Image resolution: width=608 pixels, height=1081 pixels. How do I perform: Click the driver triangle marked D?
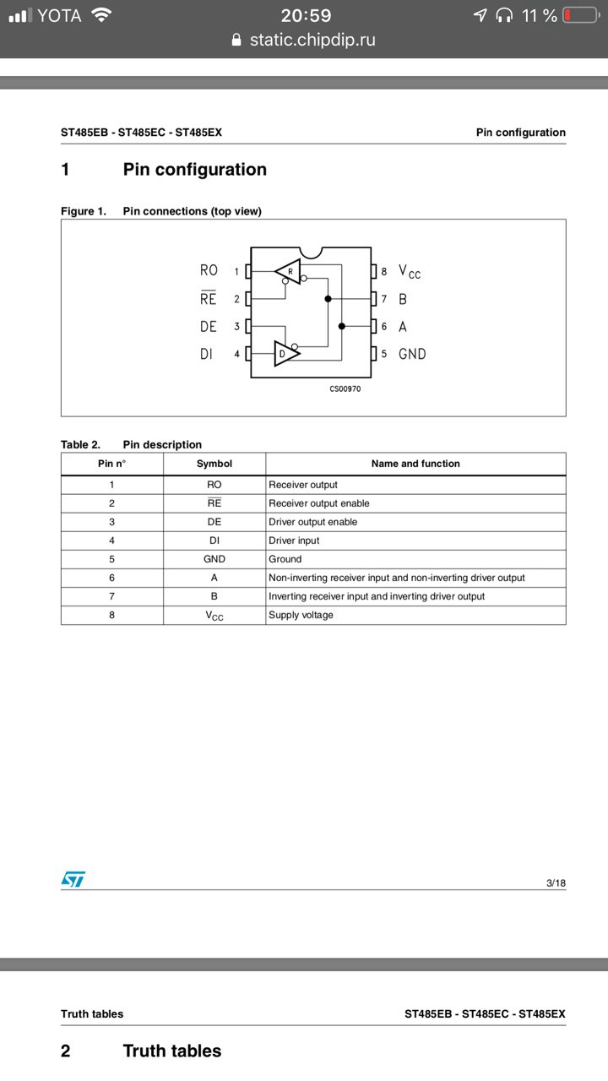[x=285, y=354]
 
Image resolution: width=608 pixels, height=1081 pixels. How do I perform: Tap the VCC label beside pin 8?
[x=410, y=272]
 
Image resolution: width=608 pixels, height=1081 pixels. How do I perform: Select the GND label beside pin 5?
[x=412, y=354]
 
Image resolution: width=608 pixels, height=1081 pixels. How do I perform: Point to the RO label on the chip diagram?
[x=209, y=270]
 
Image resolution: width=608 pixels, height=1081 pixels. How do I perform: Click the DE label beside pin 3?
[x=209, y=327]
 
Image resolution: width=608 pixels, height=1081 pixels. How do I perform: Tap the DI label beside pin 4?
[x=207, y=354]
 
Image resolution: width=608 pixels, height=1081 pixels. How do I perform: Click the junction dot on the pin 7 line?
[x=328, y=299]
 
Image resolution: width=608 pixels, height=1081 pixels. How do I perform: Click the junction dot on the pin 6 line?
[x=341, y=326]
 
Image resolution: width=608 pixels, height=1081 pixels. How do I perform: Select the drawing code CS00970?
[x=345, y=389]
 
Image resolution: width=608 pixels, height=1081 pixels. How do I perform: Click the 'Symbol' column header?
[x=214, y=464]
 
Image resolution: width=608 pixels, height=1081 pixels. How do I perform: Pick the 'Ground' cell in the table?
[x=285, y=559]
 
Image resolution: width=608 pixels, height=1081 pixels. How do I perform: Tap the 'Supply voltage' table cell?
[x=301, y=615]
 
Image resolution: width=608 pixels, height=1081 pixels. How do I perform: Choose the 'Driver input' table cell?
[x=294, y=540]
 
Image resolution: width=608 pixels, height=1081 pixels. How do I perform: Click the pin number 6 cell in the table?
[x=111, y=578]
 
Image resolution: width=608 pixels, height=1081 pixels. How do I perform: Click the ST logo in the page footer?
[x=73, y=879]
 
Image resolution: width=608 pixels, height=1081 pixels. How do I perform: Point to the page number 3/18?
[x=556, y=883]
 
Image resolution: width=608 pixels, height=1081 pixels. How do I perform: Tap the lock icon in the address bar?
[x=236, y=40]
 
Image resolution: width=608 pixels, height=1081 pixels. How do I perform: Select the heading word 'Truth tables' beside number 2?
[x=172, y=1051]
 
